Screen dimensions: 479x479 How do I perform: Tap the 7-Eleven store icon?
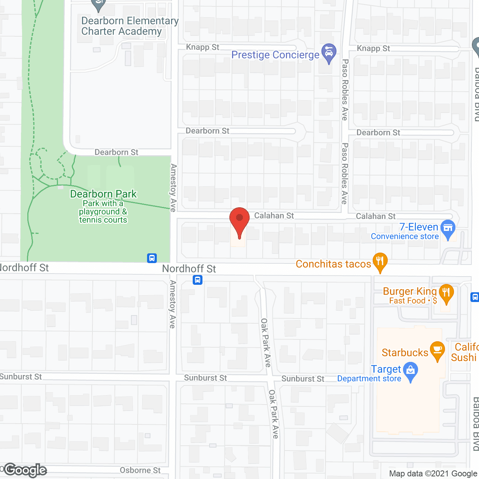[448, 228]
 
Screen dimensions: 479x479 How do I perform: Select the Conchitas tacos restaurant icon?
[380, 261]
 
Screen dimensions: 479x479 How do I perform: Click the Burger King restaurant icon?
[446, 292]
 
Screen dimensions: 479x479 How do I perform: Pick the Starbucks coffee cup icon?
[437, 350]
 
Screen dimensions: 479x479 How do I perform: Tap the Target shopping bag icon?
[411, 370]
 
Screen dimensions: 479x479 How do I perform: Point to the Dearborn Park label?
[103, 194]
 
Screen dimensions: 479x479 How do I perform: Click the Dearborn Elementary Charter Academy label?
[129, 26]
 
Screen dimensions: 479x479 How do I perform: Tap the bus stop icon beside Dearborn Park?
[152, 258]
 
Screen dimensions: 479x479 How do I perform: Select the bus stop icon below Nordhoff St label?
[198, 280]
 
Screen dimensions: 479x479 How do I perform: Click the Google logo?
[25, 470]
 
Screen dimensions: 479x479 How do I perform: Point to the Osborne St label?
[140, 470]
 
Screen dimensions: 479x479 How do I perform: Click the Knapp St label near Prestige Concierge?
[202, 47]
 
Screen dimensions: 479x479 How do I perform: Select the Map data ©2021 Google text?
[433, 474]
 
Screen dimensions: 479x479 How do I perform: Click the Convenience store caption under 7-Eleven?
[405, 237]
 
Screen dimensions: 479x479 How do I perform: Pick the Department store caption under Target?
[369, 379]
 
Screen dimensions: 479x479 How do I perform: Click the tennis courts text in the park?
[103, 220]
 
